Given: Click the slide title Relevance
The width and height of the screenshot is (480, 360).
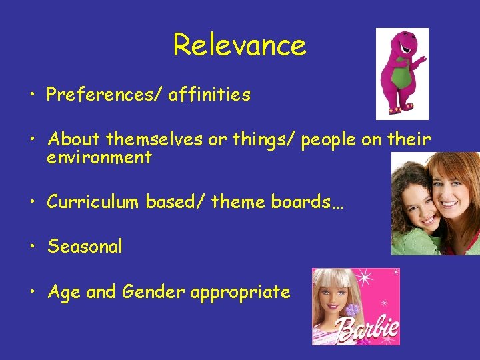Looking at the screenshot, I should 239,45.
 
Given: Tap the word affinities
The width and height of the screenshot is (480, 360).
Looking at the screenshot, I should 209,95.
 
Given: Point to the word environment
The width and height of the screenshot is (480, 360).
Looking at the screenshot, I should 99,158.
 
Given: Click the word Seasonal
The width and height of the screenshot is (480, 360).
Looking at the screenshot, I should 85,247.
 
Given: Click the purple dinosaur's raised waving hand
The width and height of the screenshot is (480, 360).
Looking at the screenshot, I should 420,62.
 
